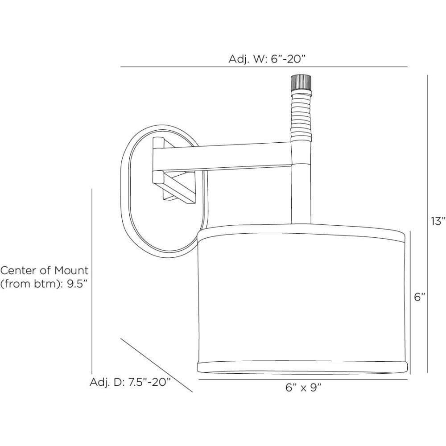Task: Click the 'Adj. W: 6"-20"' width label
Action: pyautogui.click(x=266, y=59)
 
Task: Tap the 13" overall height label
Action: pyautogui.click(x=438, y=221)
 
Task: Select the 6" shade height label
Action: pyautogui.click(x=419, y=297)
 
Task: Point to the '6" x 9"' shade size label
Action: pyautogui.click(x=303, y=388)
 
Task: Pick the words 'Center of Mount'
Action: pyautogui.click(x=45, y=270)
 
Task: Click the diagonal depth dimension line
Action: pyautogui.click(x=156, y=363)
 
